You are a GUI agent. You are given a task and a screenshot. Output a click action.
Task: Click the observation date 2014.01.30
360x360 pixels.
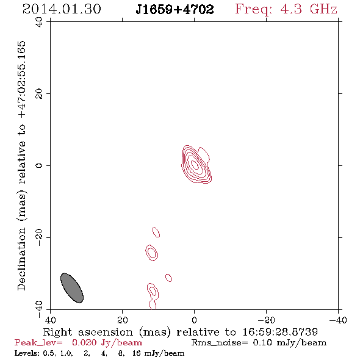(x=62, y=9)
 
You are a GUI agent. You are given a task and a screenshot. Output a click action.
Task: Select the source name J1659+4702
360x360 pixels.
(x=175, y=10)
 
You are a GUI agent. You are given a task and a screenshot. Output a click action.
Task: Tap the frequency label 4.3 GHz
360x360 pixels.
(x=309, y=9)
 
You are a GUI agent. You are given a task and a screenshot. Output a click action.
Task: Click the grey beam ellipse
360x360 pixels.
(x=72, y=288)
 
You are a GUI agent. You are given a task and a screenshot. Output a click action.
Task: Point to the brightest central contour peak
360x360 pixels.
(x=195, y=165)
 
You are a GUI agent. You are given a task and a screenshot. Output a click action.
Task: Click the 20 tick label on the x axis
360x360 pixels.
(x=122, y=320)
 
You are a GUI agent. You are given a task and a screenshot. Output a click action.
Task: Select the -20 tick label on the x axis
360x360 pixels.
(x=266, y=320)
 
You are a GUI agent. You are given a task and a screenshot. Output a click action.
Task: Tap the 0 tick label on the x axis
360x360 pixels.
(x=194, y=320)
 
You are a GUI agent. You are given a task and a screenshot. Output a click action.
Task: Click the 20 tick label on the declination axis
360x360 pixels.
(x=39, y=94)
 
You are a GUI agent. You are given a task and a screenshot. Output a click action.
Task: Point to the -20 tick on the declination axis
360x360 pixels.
(x=39, y=237)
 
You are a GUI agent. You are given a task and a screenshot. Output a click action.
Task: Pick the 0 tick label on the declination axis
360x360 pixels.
(x=39, y=165)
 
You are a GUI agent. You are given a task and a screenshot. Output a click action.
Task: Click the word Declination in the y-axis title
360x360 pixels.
(x=21, y=259)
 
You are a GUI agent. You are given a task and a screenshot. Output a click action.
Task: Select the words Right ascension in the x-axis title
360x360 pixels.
(x=88, y=332)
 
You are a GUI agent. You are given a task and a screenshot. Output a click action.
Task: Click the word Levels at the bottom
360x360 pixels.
(x=25, y=353)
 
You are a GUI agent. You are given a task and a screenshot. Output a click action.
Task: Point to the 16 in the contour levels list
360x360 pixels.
(x=137, y=353)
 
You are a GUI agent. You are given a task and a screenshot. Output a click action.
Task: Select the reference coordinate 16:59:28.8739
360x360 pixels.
(x=280, y=332)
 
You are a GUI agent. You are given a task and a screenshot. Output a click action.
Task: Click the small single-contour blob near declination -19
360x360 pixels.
(x=156, y=232)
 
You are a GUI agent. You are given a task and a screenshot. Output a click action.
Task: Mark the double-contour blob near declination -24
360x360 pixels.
(x=151, y=253)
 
